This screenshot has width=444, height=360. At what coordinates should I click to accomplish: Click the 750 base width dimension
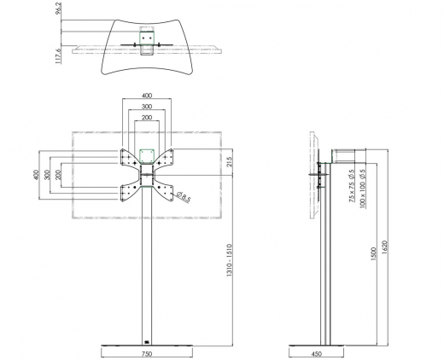pyautogui.click(x=147, y=354)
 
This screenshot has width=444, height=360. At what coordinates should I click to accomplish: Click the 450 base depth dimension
pyautogui.click(x=316, y=354)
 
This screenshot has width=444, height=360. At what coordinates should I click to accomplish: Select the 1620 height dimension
pyautogui.click(x=384, y=247)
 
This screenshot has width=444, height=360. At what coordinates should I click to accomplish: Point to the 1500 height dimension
pyautogui.click(x=373, y=254)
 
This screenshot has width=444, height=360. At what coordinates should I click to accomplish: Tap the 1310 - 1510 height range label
pyautogui.click(x=230, y=260)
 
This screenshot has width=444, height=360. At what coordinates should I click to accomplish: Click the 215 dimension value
pyautogui.click(x=230, y=162)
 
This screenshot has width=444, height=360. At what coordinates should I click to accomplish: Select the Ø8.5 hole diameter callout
pyautogui.click(x=183, y=197)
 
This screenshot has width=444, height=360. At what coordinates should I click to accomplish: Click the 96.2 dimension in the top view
pyautogui.click(x=59, y=9)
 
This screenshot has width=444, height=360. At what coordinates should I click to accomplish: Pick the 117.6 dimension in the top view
pyautogui.click(x=58, y=56)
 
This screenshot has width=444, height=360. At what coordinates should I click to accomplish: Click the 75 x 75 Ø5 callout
pyautogui.click(x=352, y=186)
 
